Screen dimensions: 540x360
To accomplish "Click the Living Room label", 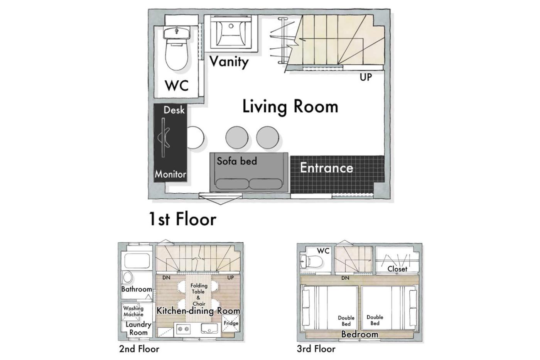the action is (x=290, y=107).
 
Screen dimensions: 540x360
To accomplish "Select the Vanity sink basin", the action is (x=231, y=33).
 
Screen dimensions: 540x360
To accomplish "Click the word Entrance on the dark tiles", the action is (x=327, y=167).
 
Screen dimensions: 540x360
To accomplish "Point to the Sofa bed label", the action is (x=237, y=161).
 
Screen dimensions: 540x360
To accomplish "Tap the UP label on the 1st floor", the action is (x=366, y=77).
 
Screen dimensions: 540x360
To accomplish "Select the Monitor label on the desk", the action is (x=170, y=174).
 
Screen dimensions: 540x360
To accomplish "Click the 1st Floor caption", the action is (x=182, y=219).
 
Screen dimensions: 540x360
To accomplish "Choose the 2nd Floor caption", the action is (x=139, y=349).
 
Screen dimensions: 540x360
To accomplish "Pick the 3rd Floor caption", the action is (x=316, y=349).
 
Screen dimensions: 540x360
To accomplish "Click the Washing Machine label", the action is (x=133, y=311).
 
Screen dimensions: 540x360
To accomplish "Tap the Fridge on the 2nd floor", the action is (x=231, y=323).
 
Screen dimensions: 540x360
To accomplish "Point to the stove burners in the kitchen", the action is (x=184, y=329).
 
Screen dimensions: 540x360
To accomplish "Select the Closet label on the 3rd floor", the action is (x=397, y=269).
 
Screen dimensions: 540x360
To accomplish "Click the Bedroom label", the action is (x=359, y=334).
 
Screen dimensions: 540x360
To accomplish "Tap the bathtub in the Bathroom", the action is (x=137, y=260).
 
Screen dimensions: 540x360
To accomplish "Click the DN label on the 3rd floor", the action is (x=345, y=278).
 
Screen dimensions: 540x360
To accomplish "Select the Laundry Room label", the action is (x=138, y=328).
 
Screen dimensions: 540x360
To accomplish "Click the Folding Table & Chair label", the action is (x=199, y=294).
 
